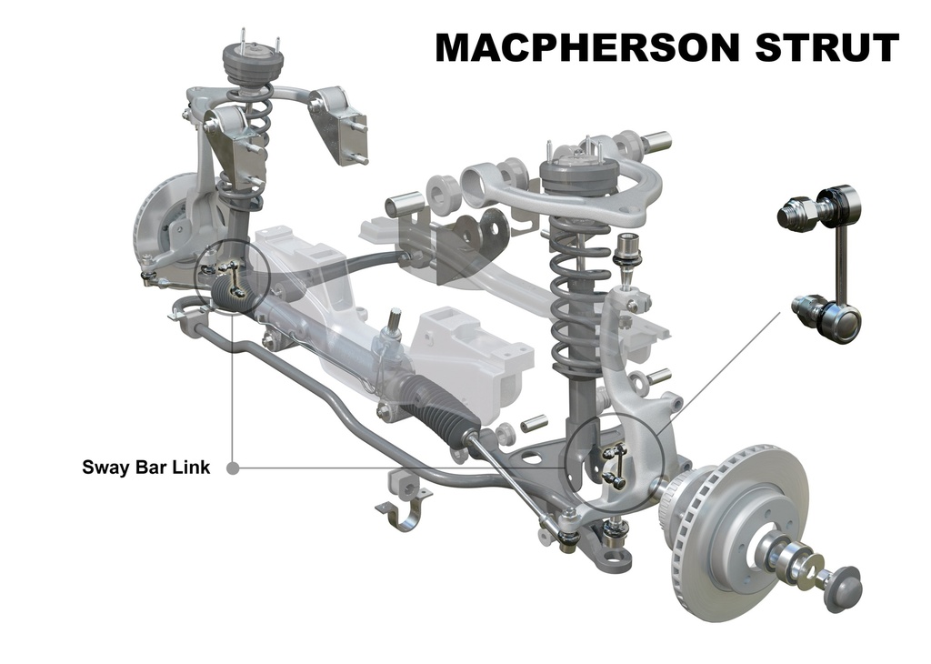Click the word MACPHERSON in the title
coord(588,47)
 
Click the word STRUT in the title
coord(827,47)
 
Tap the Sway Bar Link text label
coord(146,468)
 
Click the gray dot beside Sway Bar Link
coord(233,468)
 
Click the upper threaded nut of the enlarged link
coord(796,210)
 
